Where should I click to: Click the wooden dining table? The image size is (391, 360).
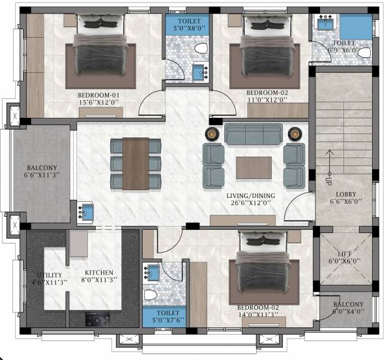click(x=136, y=163)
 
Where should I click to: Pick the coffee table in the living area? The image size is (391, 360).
click(x=253, y=167)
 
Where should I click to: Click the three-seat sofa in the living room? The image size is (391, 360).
click(x=253, y=134)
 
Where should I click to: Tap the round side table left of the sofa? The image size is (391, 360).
click(x=213, y=133)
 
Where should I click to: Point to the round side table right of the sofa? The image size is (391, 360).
click(x=294, y=133)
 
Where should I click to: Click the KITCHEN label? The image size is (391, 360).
click(x=99, y=273)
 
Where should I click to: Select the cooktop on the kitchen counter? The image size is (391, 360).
click(x=98, y=319)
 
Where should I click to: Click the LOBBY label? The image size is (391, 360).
click(x=345, y=194)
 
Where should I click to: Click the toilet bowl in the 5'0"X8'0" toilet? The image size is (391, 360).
click(x=201, y=49)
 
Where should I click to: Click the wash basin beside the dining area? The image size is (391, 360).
click(x=85, y=213)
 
